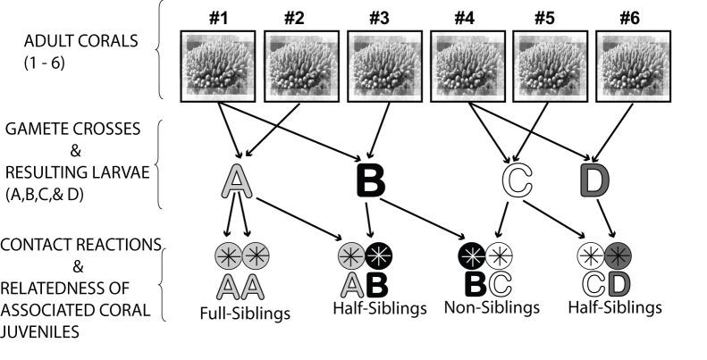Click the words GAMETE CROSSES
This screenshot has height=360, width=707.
click(72, 128)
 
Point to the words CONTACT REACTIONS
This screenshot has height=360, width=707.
click(80, 244)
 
